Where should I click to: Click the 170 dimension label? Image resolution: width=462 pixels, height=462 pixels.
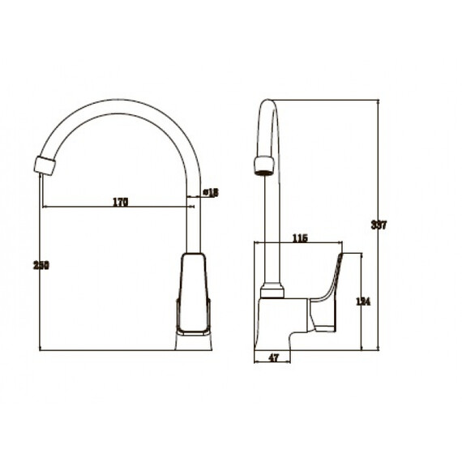120,202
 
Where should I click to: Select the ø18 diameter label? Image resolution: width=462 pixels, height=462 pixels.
210,192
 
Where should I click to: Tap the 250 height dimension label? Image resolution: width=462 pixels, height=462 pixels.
35,266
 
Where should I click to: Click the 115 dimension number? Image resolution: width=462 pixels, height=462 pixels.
299,238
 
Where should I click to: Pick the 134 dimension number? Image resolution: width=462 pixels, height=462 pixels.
364,301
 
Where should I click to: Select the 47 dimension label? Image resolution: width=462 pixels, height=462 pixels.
273,357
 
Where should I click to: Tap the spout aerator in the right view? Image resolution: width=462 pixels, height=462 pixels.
263,166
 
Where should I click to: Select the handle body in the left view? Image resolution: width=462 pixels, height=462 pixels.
194,296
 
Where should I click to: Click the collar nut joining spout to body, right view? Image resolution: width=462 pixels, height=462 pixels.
272,291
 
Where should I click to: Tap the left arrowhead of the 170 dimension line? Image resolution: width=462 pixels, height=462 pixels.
44,207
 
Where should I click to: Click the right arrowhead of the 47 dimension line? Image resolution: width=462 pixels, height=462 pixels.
289,361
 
